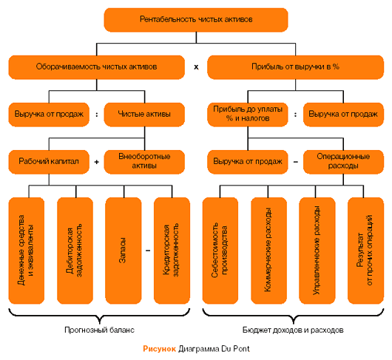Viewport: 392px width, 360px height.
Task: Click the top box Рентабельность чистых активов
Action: (196, 20)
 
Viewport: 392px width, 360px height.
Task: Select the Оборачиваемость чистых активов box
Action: (96, 67)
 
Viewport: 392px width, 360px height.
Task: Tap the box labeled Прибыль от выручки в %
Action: (295, 67)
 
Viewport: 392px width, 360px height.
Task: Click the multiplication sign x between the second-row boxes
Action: (196, 67)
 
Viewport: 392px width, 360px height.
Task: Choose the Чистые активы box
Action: (144, 115)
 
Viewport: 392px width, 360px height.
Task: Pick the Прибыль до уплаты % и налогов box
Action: (248, 115)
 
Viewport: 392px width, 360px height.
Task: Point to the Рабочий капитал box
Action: (49, 162)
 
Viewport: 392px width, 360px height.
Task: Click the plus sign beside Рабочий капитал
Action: (96, 162)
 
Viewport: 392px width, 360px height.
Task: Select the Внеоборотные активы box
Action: (144, 162)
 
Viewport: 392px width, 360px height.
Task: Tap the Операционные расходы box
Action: (343, 162)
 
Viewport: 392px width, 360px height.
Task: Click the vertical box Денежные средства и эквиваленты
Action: (27, 251)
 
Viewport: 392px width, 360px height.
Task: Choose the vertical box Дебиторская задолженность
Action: (75, 251)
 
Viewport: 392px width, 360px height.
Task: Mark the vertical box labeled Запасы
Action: (124, 251)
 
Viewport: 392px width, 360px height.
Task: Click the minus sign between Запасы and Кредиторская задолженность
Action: (148, 251)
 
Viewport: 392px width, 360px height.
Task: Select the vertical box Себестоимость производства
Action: (220, 251)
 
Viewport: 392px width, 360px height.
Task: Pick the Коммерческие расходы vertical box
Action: (268, 251)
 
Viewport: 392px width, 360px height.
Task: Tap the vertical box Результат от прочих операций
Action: (366, 251)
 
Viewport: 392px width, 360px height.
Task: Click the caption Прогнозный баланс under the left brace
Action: (99, 330)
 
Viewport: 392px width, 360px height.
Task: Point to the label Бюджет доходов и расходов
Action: (293, 330)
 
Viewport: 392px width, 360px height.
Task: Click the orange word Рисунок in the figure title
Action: (159, 349)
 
